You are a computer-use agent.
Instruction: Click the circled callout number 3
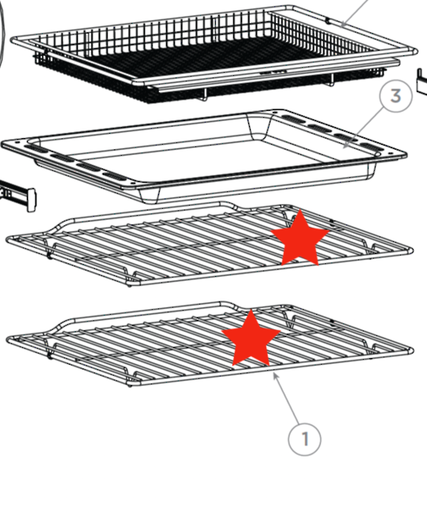(x=395, y=97)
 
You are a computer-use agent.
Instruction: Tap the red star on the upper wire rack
(x=300, y=237)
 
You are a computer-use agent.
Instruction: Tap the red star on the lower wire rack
(x=251, y=338)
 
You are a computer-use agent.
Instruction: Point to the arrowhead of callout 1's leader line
(x=274, y=375)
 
